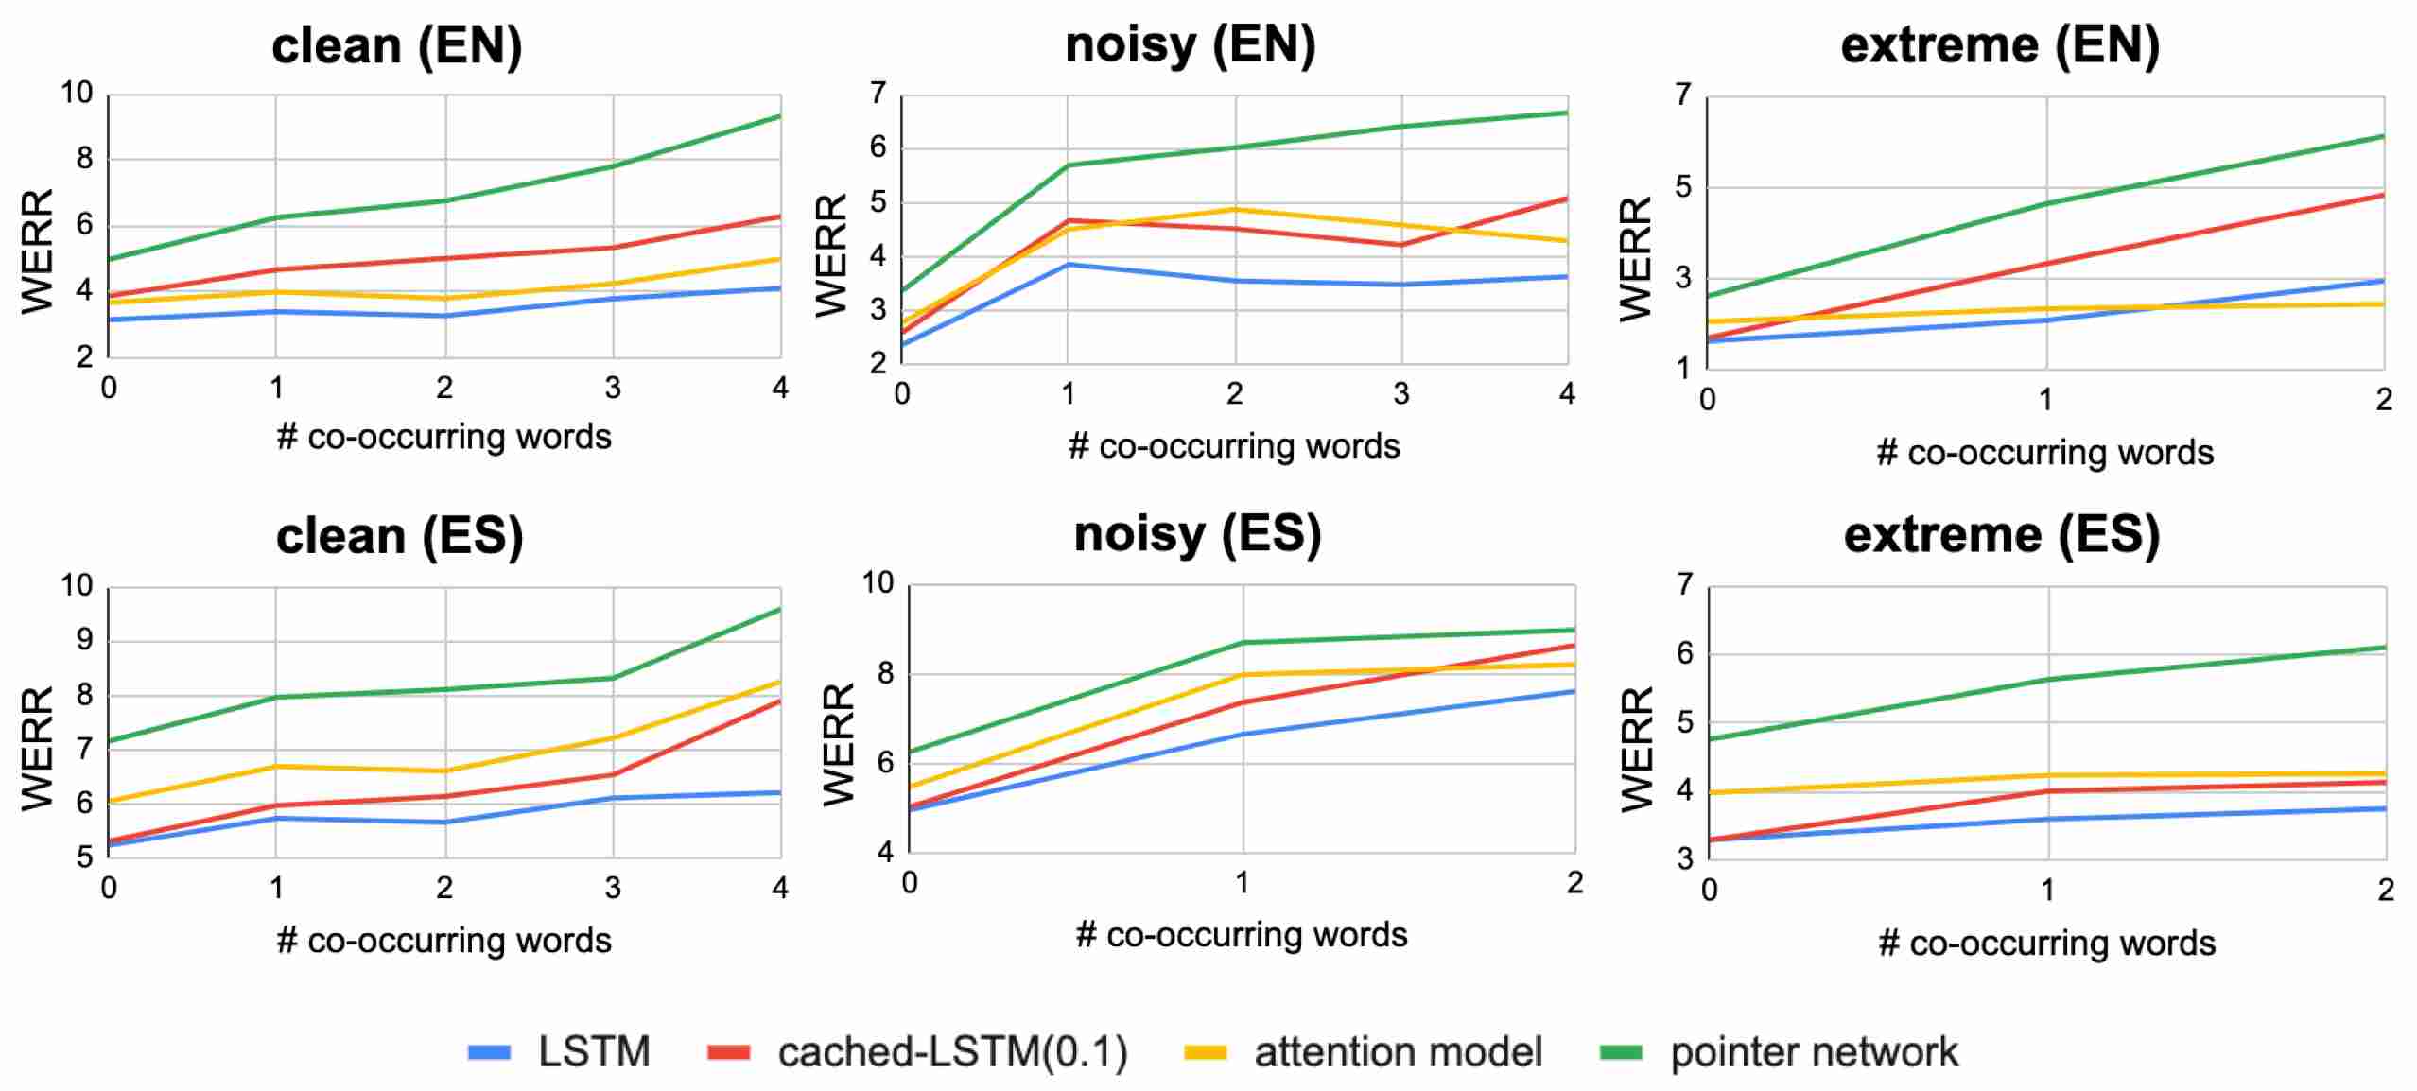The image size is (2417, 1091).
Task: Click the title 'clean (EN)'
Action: pos(397,45)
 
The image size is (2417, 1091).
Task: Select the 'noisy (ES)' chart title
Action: pos(1197,534)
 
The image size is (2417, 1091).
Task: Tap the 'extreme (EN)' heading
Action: pos(2000,45)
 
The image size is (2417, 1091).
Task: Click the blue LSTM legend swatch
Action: pos(489,1052)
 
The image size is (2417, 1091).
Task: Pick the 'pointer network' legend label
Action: pos(1814,1052)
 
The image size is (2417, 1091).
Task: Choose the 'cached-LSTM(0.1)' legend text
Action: pos(952,1052)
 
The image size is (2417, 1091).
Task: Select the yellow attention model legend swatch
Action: pos(1206,1052)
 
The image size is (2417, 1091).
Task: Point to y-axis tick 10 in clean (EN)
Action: pos(78,93)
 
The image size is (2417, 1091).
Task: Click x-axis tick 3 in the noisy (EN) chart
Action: pos(1401,393)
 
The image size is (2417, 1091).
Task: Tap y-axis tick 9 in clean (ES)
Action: pos(85,640)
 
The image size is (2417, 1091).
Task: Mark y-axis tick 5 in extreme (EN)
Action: pos(1682,186)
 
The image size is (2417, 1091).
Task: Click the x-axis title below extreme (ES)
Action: pos(2046,943)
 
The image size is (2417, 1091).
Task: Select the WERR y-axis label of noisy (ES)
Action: pos(838,745)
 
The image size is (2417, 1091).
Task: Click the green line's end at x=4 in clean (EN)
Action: pos(780,116)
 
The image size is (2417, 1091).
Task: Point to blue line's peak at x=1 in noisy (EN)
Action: pos(1069,265)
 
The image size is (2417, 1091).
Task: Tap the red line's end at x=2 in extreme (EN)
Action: pos(2383,195)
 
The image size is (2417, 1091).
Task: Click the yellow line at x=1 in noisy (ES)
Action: pos(1243,675)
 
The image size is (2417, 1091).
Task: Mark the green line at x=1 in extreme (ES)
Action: pos(2048,679)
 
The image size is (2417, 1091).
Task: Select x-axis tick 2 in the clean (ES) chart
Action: pos(444,888)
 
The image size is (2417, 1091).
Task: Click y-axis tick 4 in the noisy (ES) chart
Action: pos(884,852)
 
